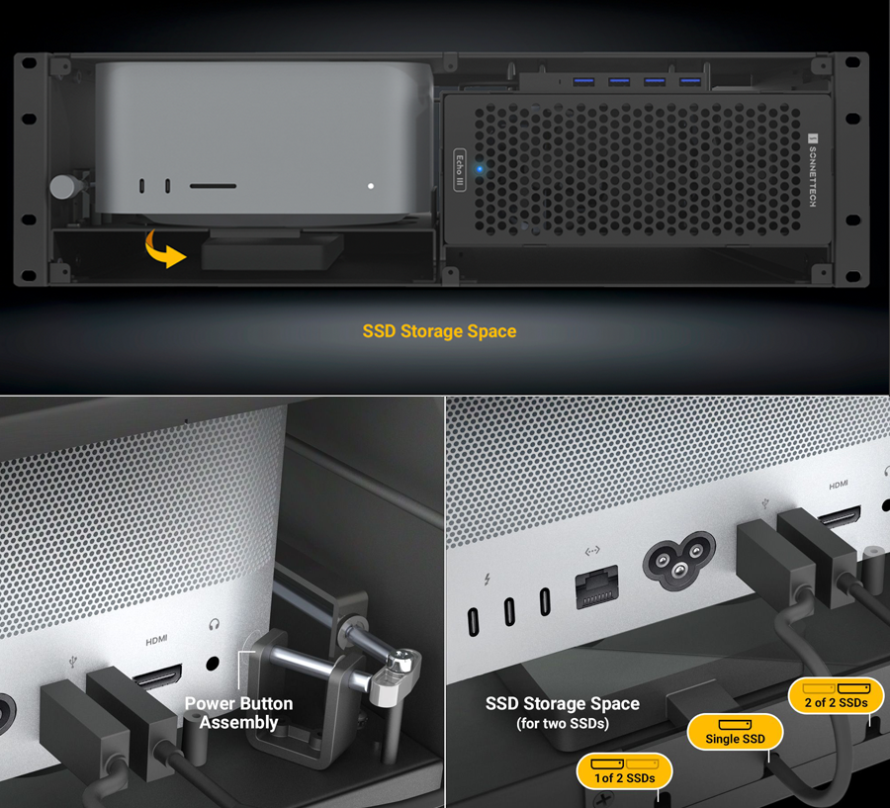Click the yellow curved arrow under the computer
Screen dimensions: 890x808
[160, 252]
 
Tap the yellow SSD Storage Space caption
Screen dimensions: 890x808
[439, 331]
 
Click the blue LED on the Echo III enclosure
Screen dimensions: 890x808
[481, 169]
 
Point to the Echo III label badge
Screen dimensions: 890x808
[460, 169]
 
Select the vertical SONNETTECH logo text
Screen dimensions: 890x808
[813, 170]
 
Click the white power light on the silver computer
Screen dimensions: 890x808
[371, 186]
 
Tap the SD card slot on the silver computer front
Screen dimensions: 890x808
[213, 186]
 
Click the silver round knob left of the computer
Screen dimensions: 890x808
[63, 186]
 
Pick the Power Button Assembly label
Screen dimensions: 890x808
[238, 713]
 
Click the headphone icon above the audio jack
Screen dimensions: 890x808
[214, 625]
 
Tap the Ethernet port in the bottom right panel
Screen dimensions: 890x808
[596, 586]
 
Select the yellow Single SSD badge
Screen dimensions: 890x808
[735, 732]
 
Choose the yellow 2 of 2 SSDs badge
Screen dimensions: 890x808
[836, 696]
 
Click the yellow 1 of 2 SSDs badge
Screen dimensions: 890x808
[624, 771]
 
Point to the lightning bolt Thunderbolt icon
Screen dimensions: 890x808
[487, 580]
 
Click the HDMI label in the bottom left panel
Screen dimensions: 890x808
[156, 641]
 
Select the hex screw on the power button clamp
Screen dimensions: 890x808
[402, 659]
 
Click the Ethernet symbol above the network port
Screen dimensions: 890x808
[592, 551]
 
